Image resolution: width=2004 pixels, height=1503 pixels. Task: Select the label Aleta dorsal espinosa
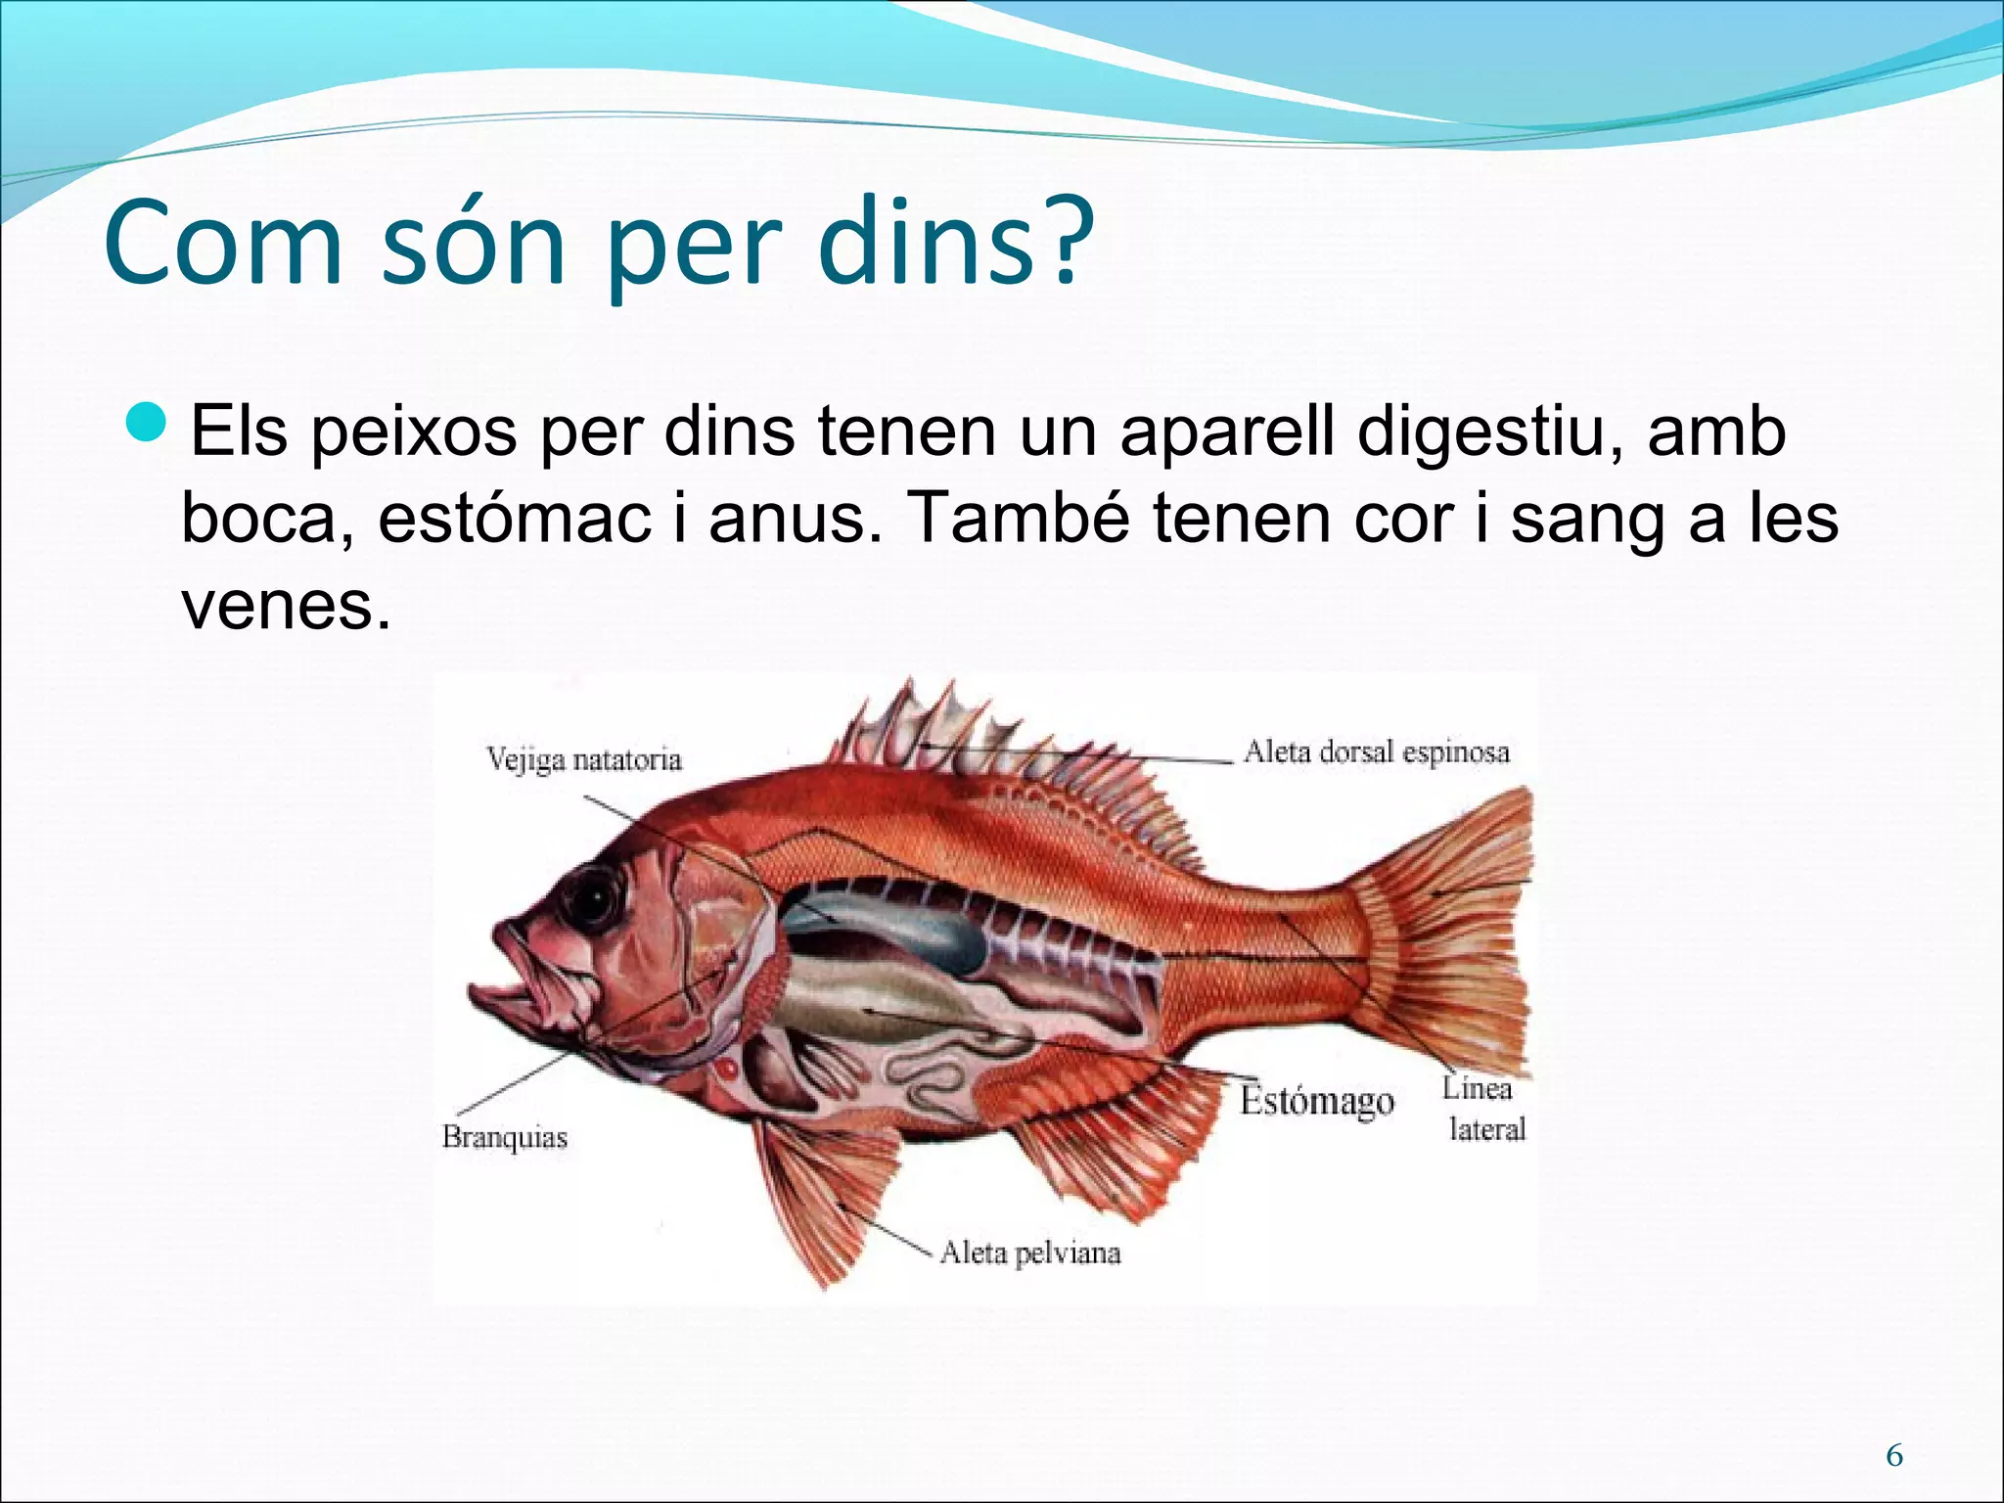pyautogui.click(x=1376, y=752)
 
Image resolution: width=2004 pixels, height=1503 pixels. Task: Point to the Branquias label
pyautogui.click(x=504, y=1137)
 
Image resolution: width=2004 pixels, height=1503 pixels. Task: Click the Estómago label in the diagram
pyautogui.click(x=1316, y=1101)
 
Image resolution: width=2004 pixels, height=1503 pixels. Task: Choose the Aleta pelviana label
pyautogui.click(x=1029, y=1253)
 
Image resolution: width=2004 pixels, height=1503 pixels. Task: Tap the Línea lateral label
pyautogui.click(x=1483, y=1110)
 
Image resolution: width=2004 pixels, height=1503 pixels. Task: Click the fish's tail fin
pyautogui.click(x=1448, y=930)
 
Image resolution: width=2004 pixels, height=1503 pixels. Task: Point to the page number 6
pyautogui.click(x=1894, y=1457)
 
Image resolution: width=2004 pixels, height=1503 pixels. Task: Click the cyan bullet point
pyautogui.click(x=149, y=421)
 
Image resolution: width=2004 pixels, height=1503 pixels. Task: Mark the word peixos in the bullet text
pyautogui.click(x=414, y=432)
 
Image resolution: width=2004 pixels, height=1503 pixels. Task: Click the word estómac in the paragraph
pyautogui.click(x=515, y=518)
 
